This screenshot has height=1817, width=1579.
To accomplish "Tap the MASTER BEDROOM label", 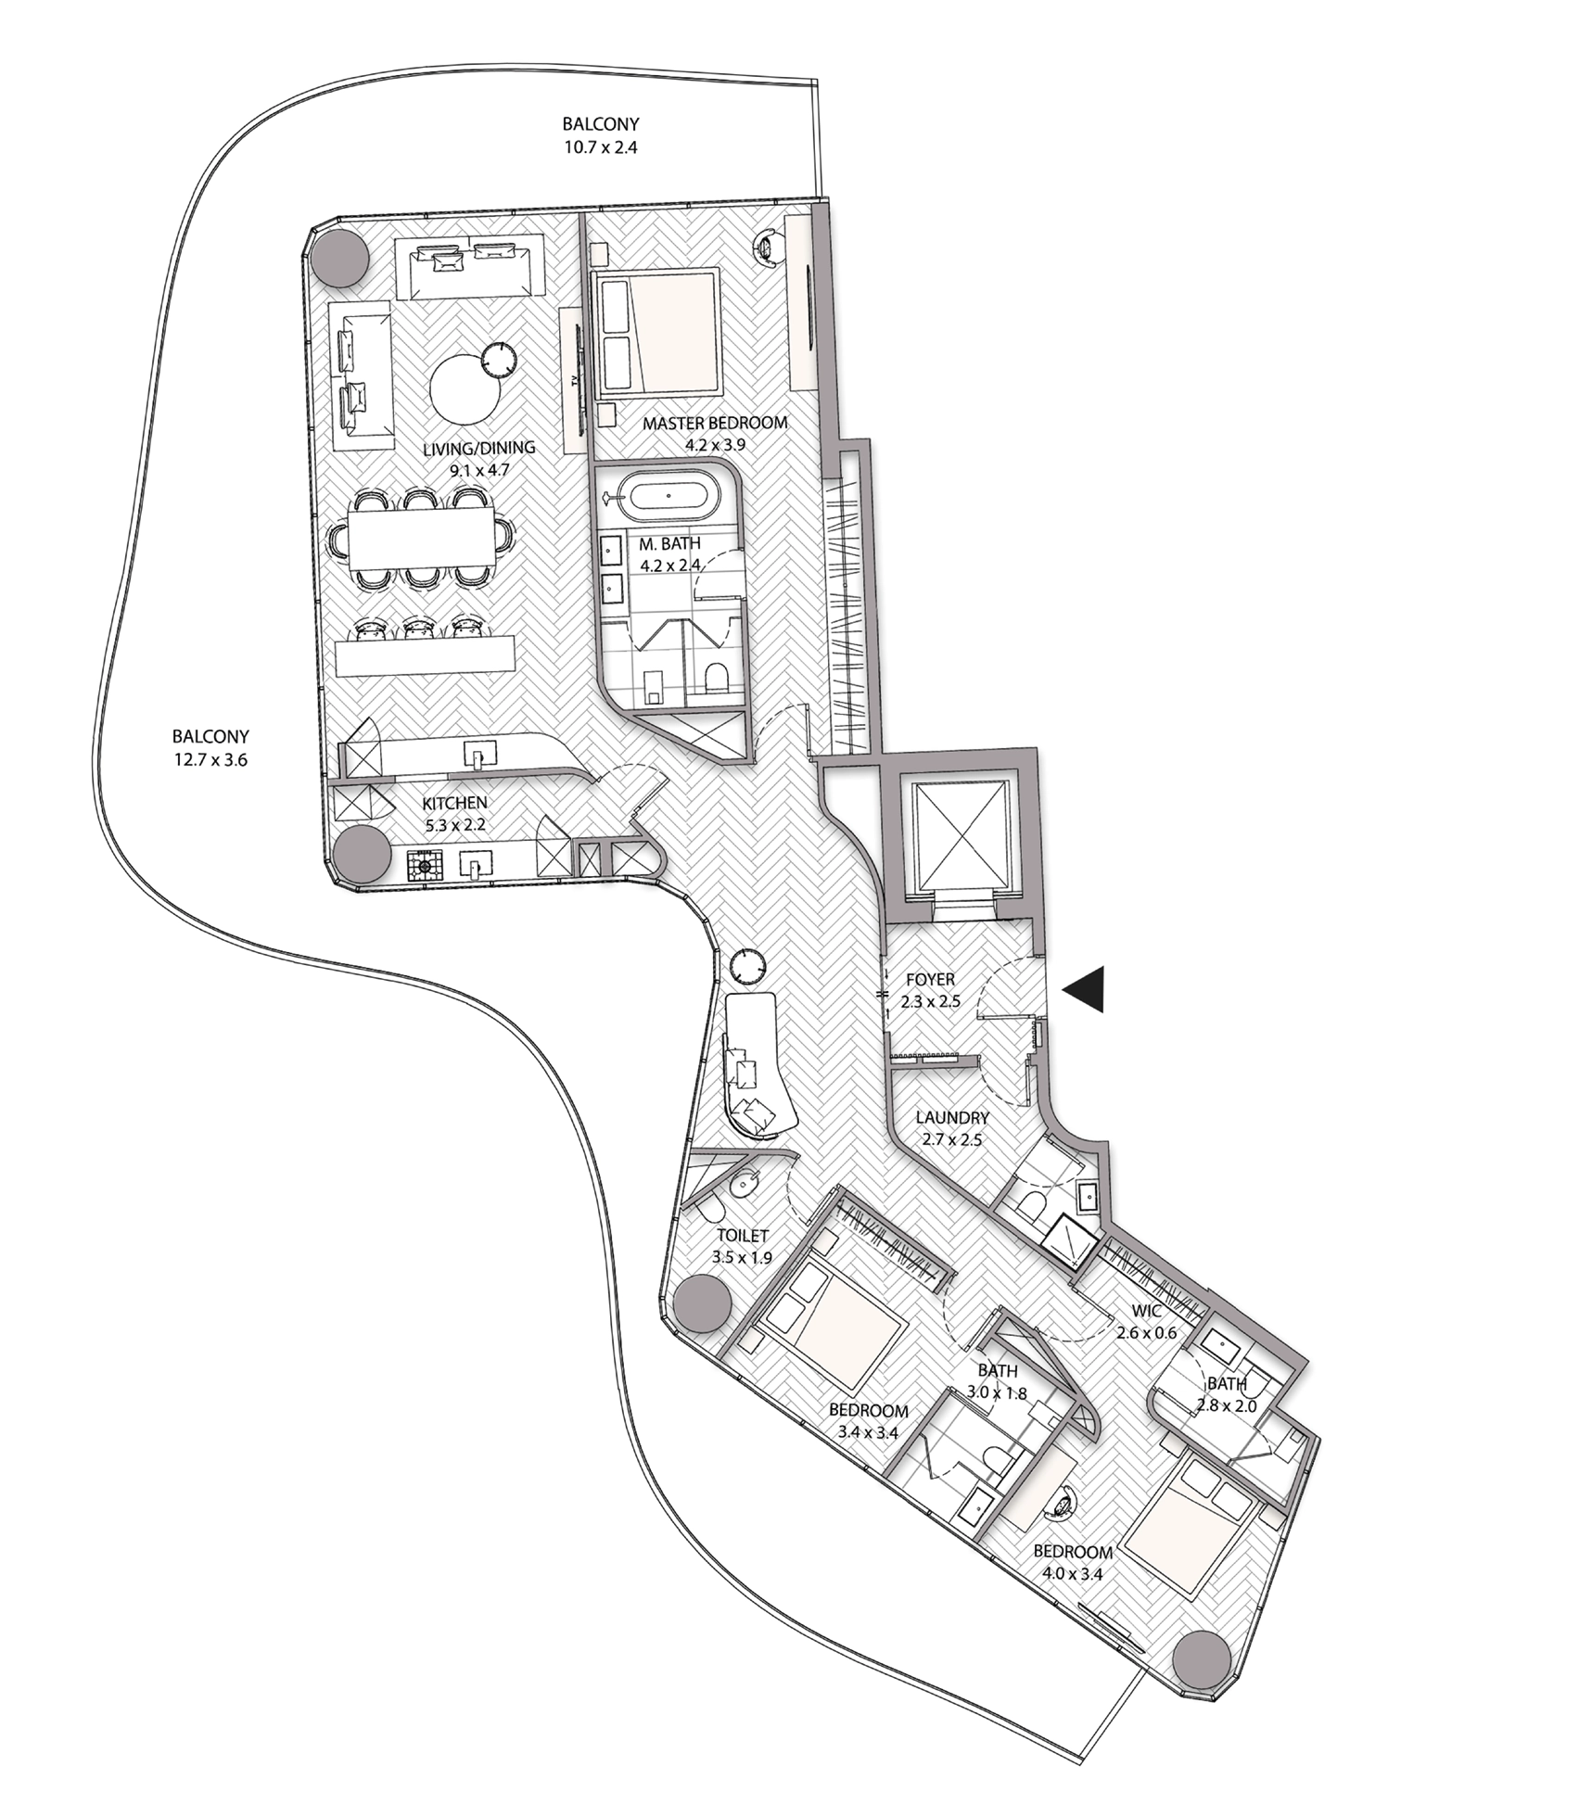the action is (715, 424).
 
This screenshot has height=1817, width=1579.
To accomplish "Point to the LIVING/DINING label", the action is (479, 448).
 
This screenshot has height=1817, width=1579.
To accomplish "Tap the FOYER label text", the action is (931, 979).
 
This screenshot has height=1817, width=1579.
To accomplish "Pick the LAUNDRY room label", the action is (952, 1118).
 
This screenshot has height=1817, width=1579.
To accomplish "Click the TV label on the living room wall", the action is (575, 381).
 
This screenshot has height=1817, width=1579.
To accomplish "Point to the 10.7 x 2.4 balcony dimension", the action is (601, 146).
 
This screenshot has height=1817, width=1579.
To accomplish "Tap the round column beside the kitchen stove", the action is (363, 855).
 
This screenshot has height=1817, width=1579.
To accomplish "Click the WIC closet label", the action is (1146, 1312).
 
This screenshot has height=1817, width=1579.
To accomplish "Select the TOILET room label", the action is (743, 1235).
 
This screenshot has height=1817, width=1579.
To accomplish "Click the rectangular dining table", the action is (414, 539).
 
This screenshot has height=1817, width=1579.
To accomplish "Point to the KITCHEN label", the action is (454, 803).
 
